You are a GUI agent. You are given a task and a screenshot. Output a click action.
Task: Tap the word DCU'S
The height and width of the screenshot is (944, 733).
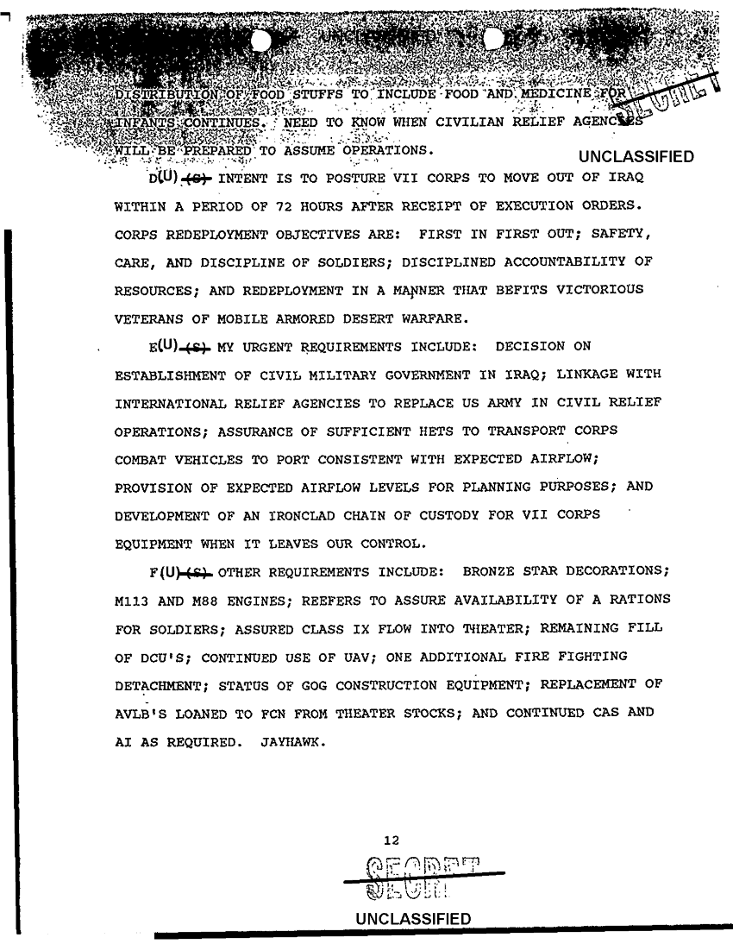tap(157, 655)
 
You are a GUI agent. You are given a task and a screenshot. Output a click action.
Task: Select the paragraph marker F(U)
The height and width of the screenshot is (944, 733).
tap(163, 572)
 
